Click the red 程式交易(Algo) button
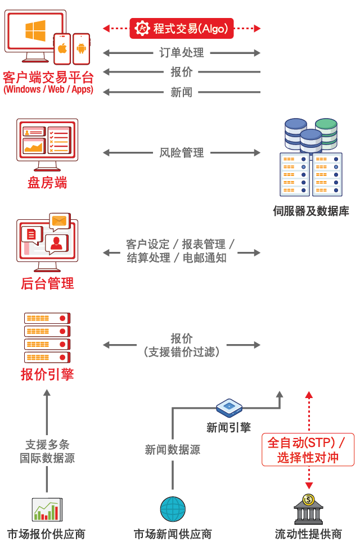181,28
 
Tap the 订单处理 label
181,53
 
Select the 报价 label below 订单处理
181,72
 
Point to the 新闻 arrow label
181,92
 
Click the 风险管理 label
181,152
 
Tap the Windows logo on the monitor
35,30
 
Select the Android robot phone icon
81,48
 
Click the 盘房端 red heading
47,183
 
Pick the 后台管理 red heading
47,283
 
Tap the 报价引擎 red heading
47,374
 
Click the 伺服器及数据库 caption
311,211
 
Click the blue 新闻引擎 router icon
229,407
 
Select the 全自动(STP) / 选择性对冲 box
308,449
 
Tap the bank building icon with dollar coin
308,509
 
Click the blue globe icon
173,509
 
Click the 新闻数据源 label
173,450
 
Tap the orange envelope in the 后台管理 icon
58,221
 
